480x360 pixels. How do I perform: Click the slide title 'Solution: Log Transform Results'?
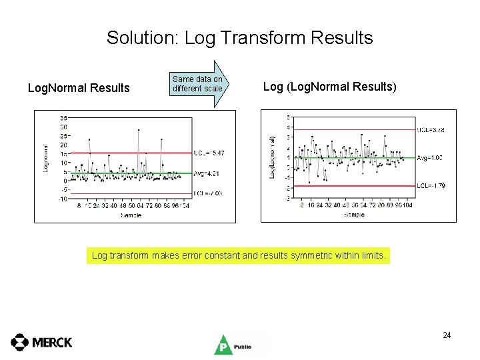click(x=239, y=37)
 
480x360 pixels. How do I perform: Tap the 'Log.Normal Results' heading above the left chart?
click(x=78, y=87)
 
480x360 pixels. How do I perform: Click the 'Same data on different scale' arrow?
click(x=199, y=84)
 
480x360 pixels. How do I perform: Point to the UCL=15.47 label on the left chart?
click(x=209, y=153)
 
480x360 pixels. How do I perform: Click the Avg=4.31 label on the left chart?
click(x=208, y=173)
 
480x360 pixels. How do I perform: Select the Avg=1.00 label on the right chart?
click(x=429, y=157)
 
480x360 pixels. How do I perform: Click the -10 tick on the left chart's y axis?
click(x=62, y=199)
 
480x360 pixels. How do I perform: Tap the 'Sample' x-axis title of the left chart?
click(x=131, y=215)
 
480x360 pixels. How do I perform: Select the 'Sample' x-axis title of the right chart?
click(x=354, y=215)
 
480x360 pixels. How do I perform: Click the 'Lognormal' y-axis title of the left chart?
click(x=46, y=159)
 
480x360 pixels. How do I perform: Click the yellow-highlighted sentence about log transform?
click(x=239, y=255)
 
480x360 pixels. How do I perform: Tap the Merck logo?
click(x=41, y=342)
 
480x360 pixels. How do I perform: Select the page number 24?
click(x=447, y=335)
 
